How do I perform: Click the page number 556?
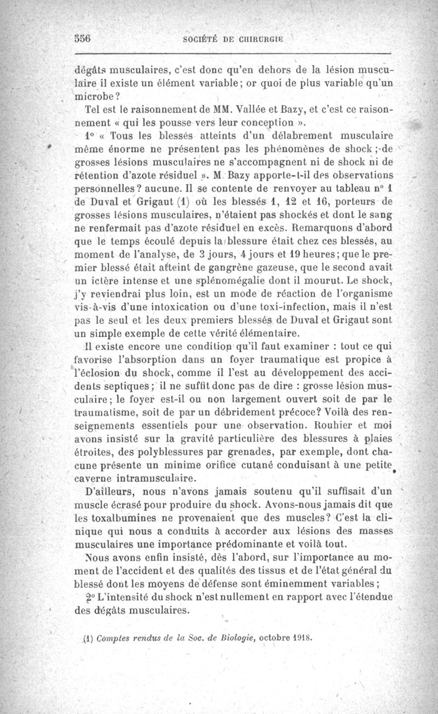point(82,39)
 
